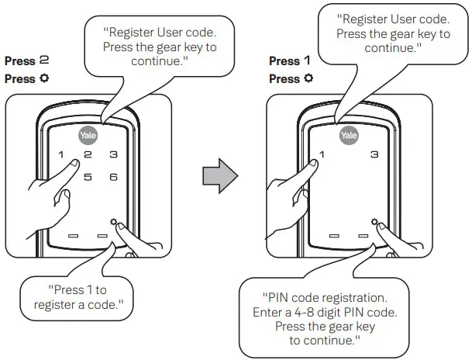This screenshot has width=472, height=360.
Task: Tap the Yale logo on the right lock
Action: tap(350, 135)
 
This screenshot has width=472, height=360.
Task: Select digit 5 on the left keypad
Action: tap(88, 178)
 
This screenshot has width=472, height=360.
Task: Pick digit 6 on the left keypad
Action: tap(113, 178)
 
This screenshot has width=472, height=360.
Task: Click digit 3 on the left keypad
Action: tap(113, 154)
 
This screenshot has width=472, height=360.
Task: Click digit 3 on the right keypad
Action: tap(375, 154)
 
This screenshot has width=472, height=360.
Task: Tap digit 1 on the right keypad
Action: tap(323, 154)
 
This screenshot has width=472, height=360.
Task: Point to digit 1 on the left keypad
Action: tap(61, 154)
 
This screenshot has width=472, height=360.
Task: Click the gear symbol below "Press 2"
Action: tap(42, 79)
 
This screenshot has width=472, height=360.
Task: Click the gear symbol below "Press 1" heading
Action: tap(308, 79)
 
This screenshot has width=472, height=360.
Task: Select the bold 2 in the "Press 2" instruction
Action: tap(44, 61)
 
